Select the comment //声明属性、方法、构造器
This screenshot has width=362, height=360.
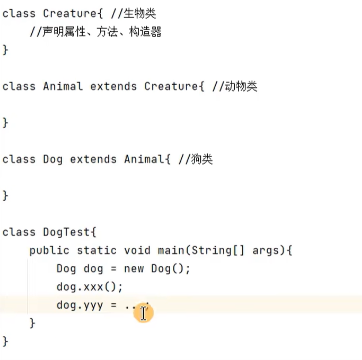click(x=95, y=32)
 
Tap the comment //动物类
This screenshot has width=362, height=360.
click(x=234, y=86)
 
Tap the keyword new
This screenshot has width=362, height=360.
click(x=134, y=268)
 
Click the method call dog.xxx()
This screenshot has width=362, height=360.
click(x=90, y=287)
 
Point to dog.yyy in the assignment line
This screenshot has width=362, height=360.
click(x=80, y=305)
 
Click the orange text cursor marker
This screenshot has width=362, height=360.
click(x=143, y=313)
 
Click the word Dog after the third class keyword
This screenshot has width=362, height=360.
click(x=53, y=159)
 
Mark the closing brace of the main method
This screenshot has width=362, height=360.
click(x=32, y=322)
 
